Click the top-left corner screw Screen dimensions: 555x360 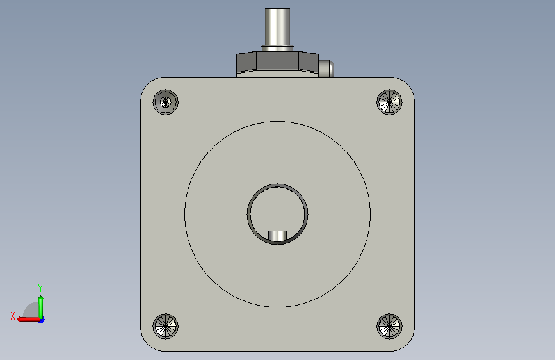click(165, 102)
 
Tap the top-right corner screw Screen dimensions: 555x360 click(389, 102)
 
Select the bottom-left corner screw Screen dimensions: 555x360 click(165, 326)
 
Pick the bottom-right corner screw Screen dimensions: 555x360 click(389, 326)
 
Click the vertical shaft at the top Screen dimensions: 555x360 click(278, 27)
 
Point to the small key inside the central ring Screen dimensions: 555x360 click(278, 236)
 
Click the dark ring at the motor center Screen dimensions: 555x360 click(248, 214)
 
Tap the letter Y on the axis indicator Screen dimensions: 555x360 click(40, 288)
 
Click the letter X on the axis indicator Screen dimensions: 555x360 click(13, 316)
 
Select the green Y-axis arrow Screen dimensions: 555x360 click(41, 307)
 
